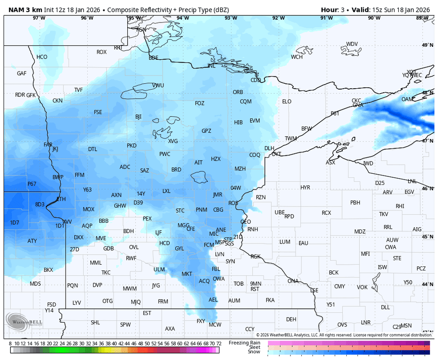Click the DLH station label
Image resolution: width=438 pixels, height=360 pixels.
click(x=269, y=148)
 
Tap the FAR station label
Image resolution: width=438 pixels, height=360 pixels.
click(x=48, y=145)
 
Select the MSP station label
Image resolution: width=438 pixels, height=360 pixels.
click(x=219, y=242)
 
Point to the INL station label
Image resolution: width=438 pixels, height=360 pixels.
click(x=211, y=66)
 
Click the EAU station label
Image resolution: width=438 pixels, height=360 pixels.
click(x=304, y=243)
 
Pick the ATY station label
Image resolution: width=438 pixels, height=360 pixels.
click(x=32, y=241)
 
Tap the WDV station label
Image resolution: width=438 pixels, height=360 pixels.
click(x=352, y=44)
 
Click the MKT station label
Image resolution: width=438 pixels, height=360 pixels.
click(x=187, y=274)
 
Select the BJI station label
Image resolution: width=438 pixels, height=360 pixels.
click(x=139, y=117)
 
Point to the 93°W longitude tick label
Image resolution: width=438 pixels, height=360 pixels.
click(x=231, y=18)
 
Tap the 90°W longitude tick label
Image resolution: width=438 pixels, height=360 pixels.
click(x=374, y=18)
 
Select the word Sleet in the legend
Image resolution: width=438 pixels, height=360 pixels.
click(x=254, y=347)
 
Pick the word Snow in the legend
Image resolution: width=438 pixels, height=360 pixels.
click(x=254, y=352)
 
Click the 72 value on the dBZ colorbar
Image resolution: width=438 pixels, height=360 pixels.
click(x=219, y=343)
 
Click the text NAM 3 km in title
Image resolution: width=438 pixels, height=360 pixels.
click(x=22, y=9)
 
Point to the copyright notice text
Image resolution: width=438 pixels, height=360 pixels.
click(x=344, y=335)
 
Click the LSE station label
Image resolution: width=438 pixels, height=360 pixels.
click(x=314, y=290)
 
